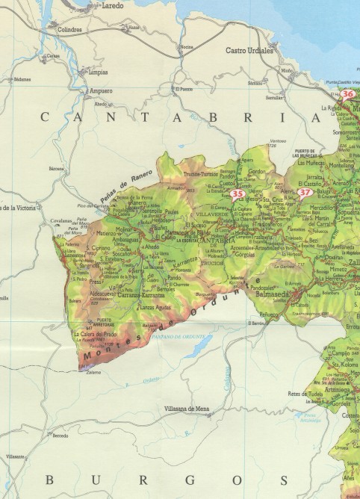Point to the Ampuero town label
pos(101,91)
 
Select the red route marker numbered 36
pos(348,95)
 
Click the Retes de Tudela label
pos(308,394)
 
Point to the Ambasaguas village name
pos(125,240)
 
